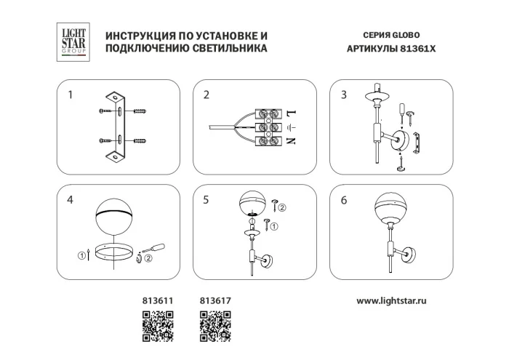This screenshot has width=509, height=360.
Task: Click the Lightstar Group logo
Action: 72,41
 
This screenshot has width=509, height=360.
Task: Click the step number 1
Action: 71,95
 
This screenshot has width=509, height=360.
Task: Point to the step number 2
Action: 207,95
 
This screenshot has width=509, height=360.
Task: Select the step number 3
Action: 343,95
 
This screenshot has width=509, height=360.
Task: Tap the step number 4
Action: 71,201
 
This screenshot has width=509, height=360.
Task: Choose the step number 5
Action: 207,201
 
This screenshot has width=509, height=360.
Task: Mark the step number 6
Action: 343,201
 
